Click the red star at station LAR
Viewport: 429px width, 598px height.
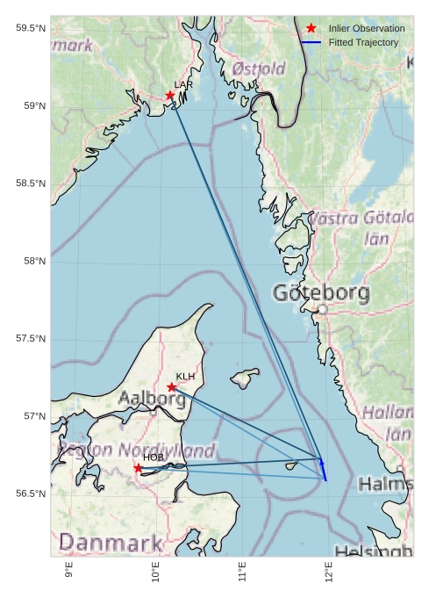coord(170,95)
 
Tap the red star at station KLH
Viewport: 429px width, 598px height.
coord(172,386)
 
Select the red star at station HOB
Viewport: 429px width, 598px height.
coord(138,468)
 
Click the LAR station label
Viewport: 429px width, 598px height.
coord(183,84)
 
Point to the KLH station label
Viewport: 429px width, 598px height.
coord(185,377)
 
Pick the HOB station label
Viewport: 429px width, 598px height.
coord(154,458)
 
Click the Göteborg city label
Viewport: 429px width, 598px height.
coord(329,292)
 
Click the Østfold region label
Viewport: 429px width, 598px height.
coord(259,68)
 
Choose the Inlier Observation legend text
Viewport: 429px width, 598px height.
coord(367,29)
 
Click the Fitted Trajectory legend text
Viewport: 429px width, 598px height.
coord(363,42)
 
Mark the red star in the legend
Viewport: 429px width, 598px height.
coord(311,29)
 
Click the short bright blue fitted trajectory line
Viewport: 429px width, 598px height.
coord(323,469)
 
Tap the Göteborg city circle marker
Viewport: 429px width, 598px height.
coord(322,309)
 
